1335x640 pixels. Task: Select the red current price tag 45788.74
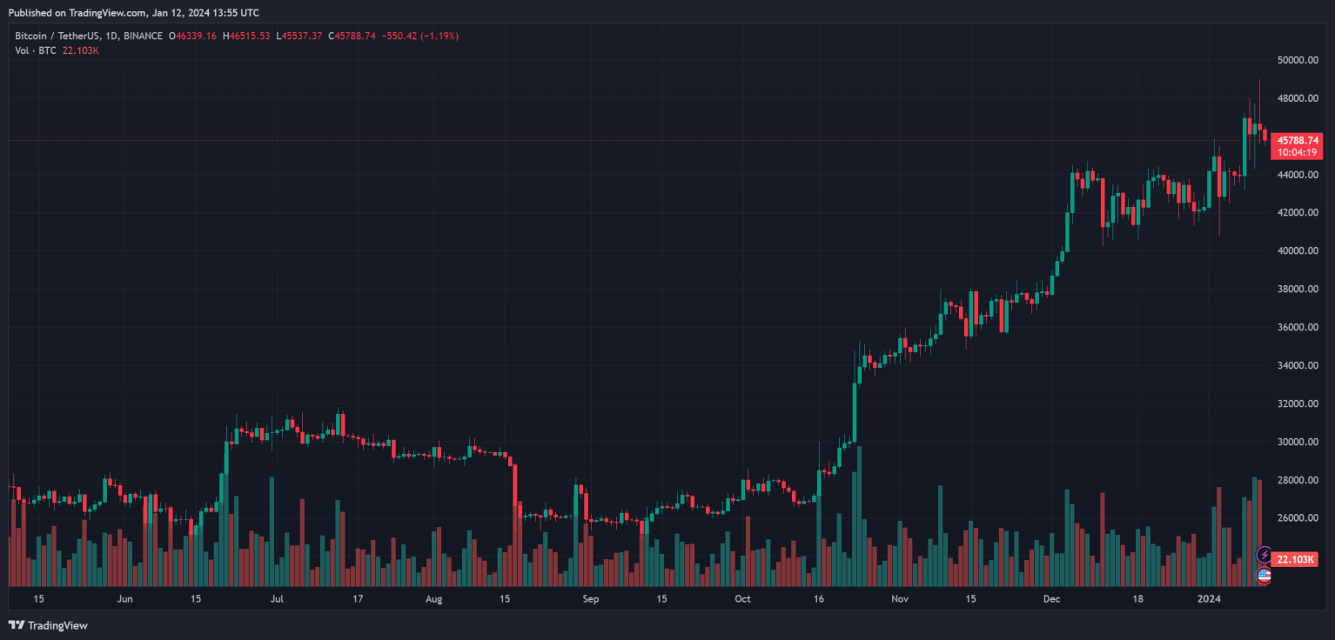[1296, 140]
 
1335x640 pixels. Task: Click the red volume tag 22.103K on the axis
[1296, 559]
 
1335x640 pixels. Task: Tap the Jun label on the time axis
[124, 599]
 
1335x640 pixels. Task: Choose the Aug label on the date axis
[434, 599]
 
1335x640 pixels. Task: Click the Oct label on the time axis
[742, 599]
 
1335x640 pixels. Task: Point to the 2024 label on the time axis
[1209, 599]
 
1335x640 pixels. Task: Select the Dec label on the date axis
[1051, 599]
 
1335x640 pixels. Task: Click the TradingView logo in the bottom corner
[49, 625]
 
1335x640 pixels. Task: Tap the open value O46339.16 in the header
[192, 36]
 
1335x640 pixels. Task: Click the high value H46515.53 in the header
[246, 36]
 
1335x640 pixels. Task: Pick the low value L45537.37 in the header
[299, 36]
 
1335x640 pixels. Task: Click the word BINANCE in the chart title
[144, 36]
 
